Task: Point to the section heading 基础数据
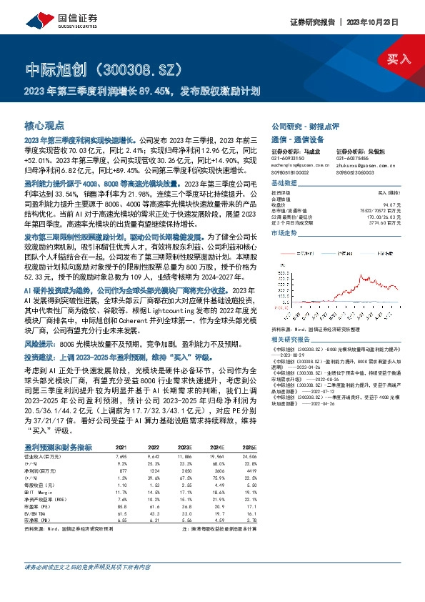[286, 183]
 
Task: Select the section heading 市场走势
[286, 233]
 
